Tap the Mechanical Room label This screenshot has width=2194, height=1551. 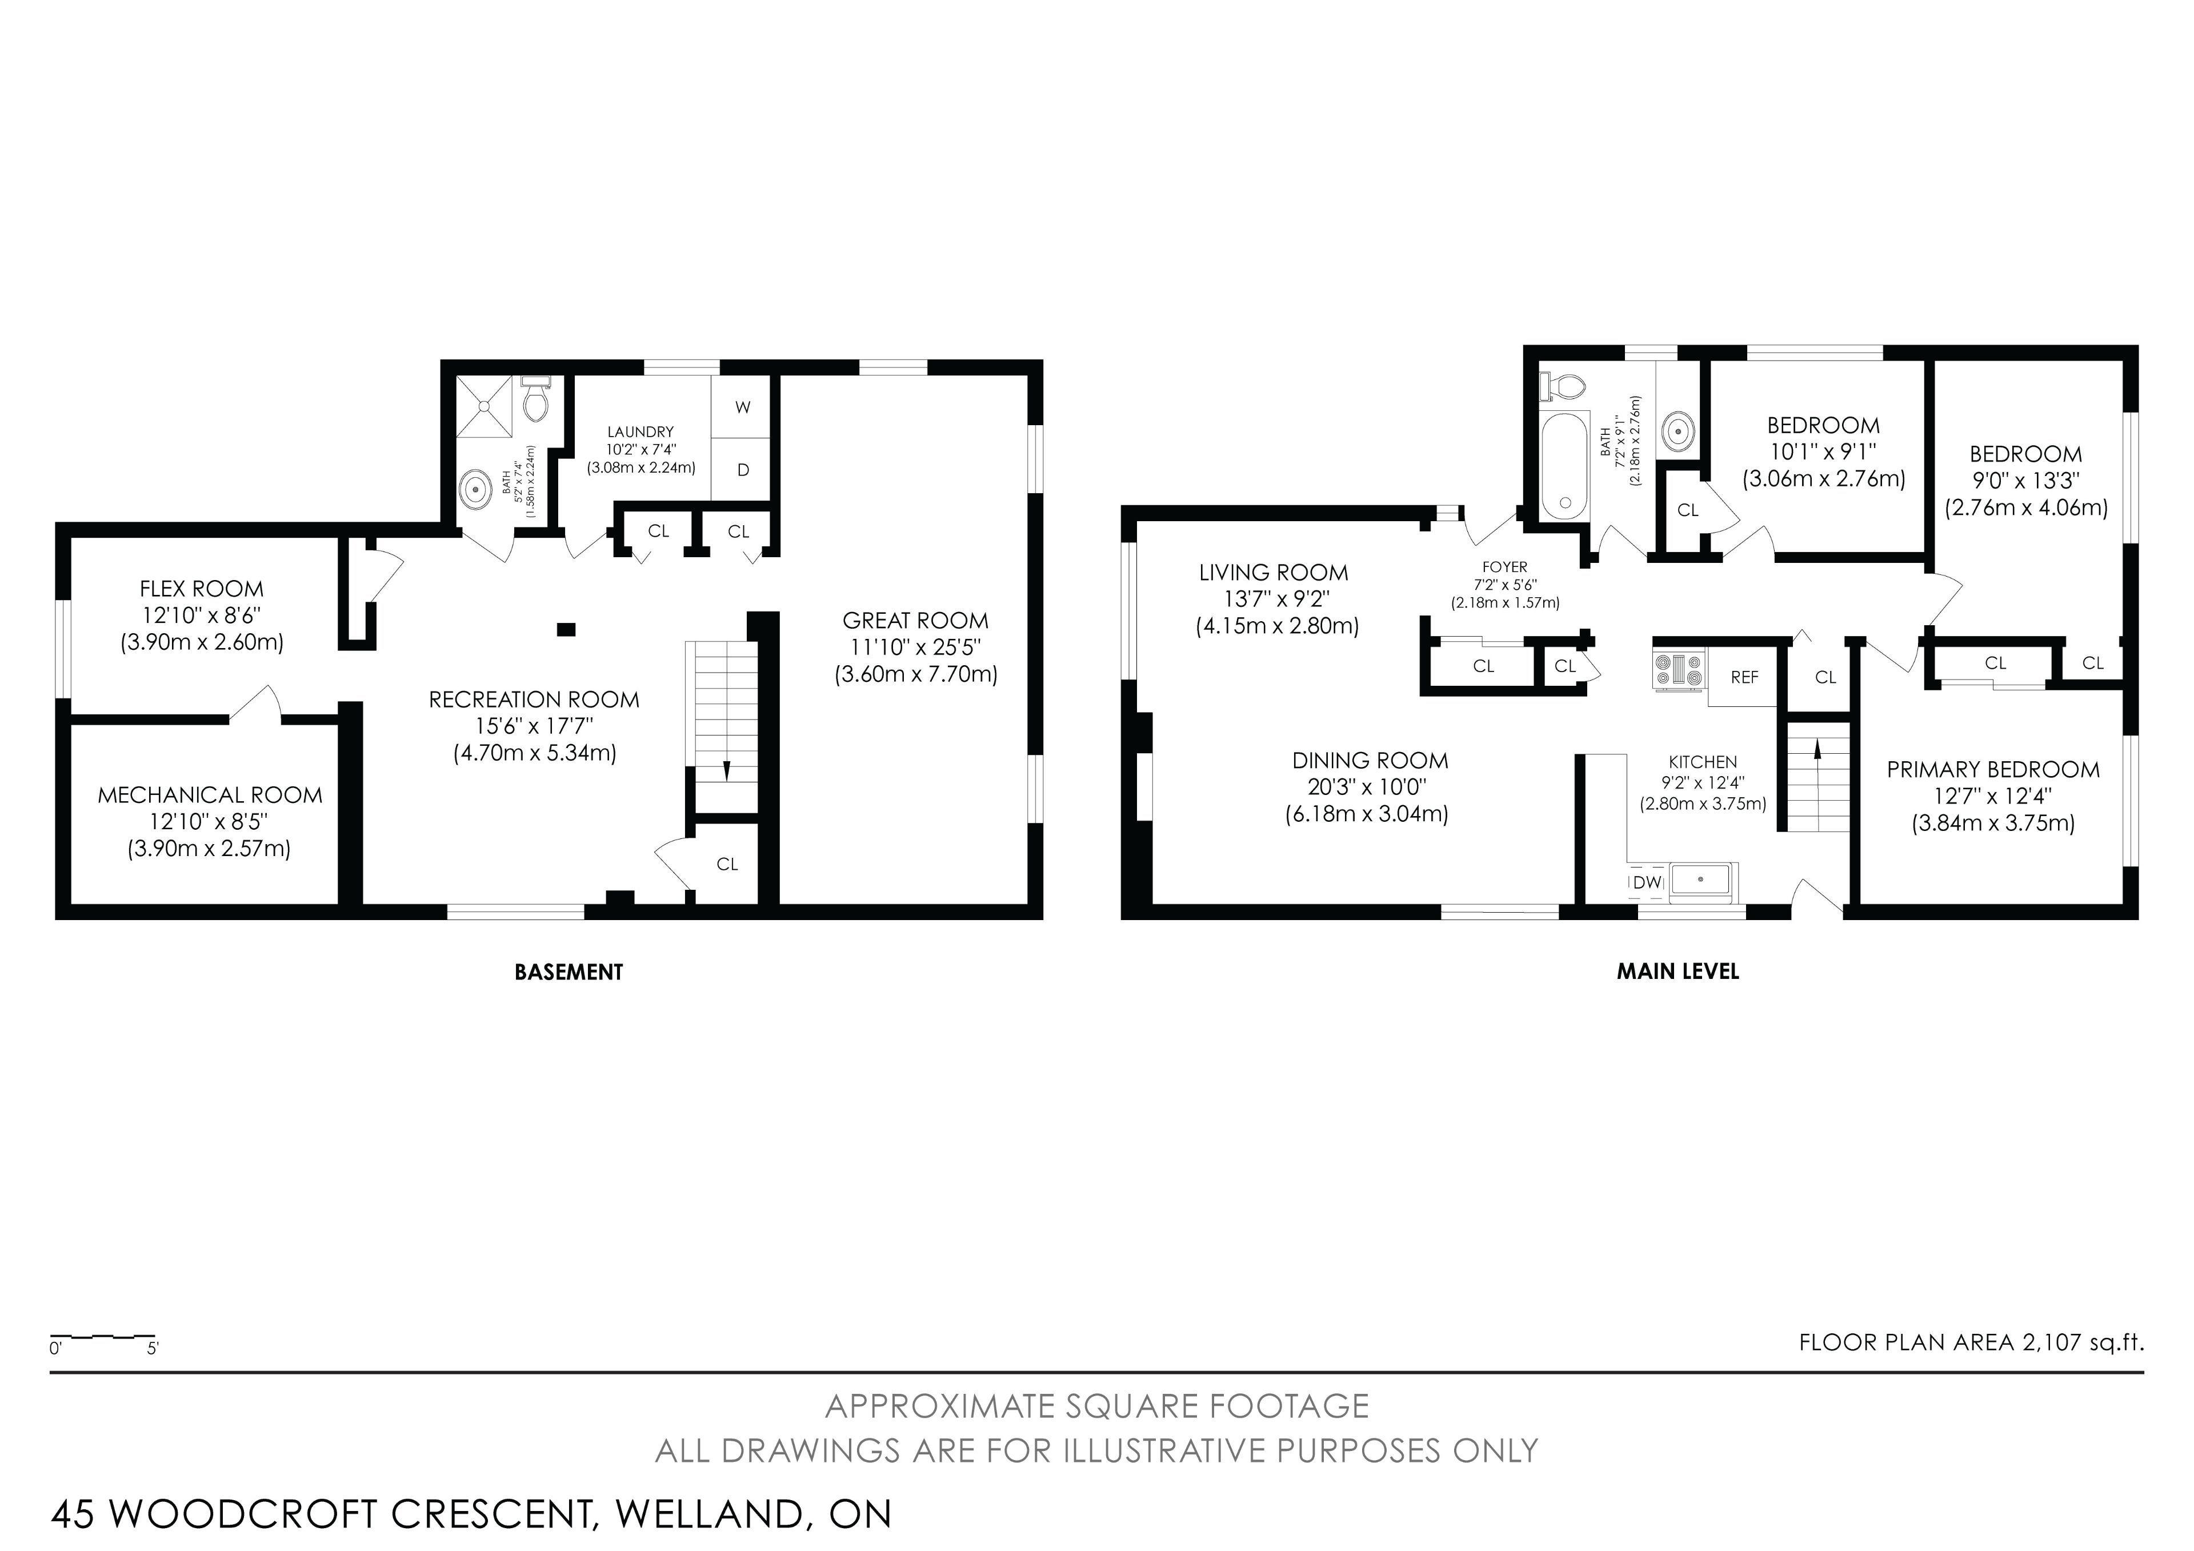pyautogui.click(x=210, y=795)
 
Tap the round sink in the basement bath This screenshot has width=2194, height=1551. pyautogui.click(x=474, y=489)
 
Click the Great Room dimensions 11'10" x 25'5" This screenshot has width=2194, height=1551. pyautogui.click(x=915, y=647)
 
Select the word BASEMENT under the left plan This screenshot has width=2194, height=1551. pyautogui.click(x=568, y=972)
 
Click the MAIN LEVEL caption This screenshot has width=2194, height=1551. pyautogui.click(x=1678, y=972)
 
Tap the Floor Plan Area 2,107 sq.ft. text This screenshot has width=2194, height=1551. pyautogui.click(x=1971, y=1342)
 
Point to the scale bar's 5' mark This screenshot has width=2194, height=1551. pyautogui.click(x=153, y=1349)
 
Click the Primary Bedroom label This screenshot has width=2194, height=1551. pyautogui.click(x=1993, y=769)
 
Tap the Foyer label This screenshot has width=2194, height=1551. pyautogui.click(x=1505, y=567)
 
